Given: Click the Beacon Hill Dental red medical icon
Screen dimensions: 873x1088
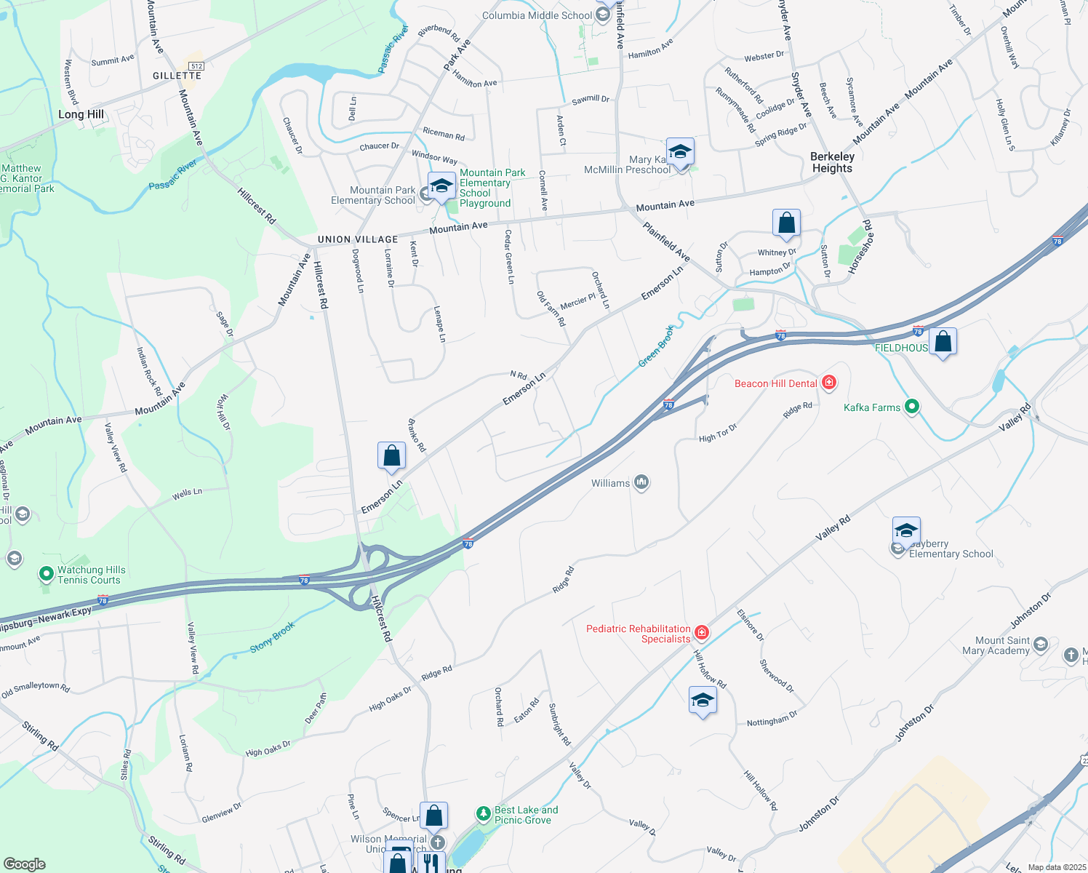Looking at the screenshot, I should click(x=828, y=382).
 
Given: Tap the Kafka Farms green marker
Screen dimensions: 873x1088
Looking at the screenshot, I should click(x=911, y=407).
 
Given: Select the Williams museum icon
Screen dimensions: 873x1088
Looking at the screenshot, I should click(x=641, y=482).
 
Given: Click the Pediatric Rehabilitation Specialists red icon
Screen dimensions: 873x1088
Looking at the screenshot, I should click(x=701, y=632).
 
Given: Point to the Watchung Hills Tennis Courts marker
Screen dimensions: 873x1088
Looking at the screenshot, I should click(x=47, y=575).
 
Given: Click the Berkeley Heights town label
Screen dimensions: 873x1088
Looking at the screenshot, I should click(x=832, y=162).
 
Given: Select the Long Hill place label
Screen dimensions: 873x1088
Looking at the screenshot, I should click(x=81, y=114).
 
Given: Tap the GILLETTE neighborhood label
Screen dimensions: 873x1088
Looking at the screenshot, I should click(x=177, y=76).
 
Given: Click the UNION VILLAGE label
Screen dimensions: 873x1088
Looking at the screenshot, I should click(x=358, y=239).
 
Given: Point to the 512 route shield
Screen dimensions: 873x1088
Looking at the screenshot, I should click(x=196, y=66).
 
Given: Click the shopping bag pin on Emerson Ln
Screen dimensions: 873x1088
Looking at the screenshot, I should click(x=391, y=456).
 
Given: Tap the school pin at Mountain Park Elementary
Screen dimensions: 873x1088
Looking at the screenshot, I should click(x=441, y=186).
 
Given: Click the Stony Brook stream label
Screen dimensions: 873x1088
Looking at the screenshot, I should click(x=273, y=637).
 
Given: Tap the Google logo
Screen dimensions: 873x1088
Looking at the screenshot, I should click(x=25, y=864).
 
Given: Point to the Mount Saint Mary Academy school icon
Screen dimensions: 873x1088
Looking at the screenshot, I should click(x=1041, y=645).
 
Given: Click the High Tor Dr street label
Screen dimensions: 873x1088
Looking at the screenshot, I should click(x=718, y=434).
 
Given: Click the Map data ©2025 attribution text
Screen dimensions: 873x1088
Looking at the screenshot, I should click(x=1057, y=867).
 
